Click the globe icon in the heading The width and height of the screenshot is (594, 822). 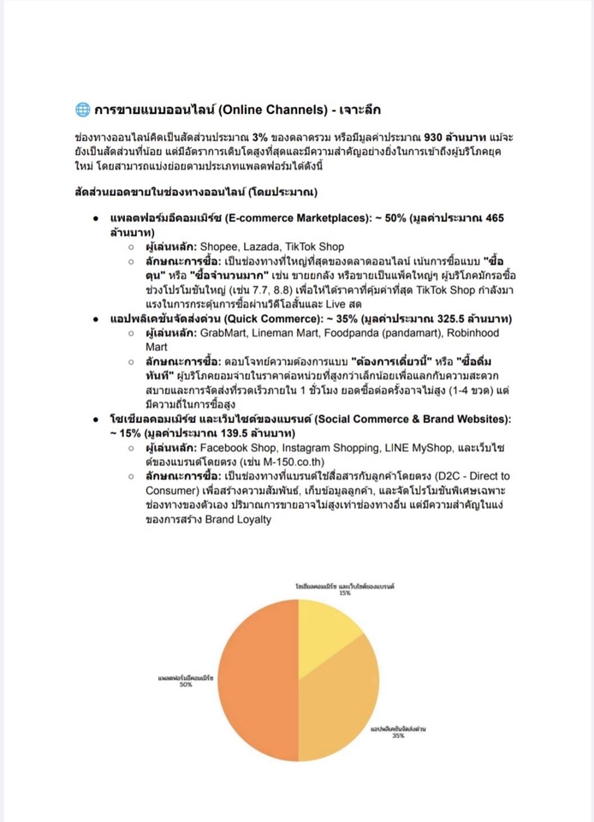pyautogui.click(x=82, y=110)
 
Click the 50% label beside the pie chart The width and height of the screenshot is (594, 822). pyautogui.click(x=185, y=684)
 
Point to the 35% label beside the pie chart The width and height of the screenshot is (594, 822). pyautogui.click(x=398, y=735)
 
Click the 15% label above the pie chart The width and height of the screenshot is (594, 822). pyautogui.click(x=344, y=592)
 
